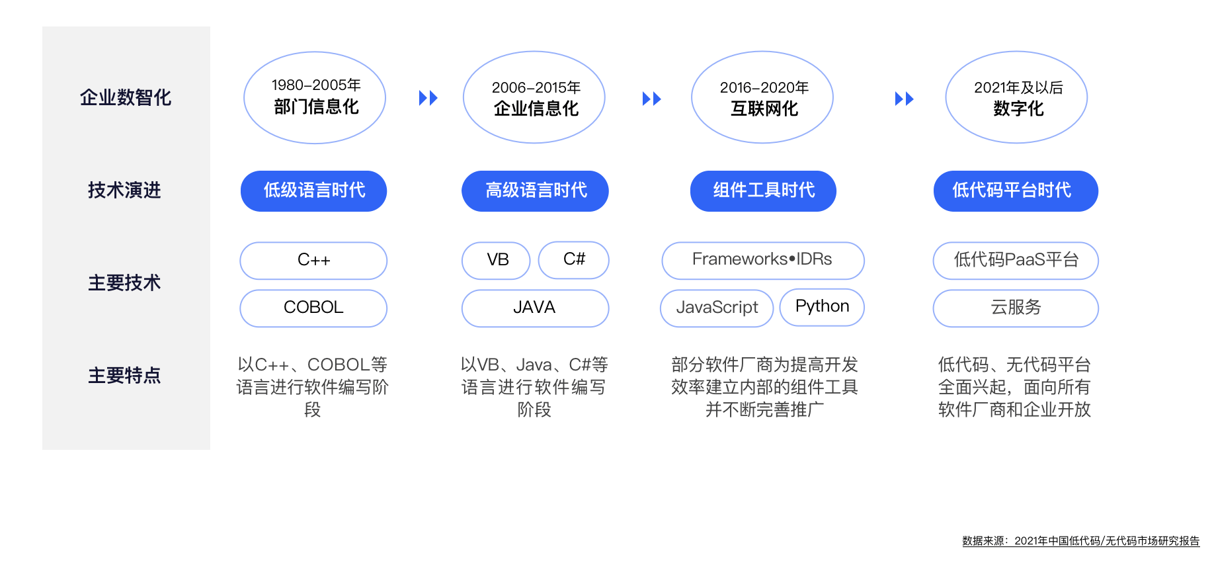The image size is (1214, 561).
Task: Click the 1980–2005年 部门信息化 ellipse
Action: click(x=315, y=97)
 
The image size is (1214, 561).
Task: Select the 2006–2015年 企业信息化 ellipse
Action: click(x=534, y=97)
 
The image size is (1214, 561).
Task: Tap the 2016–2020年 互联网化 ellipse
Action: click(x=762, y=97)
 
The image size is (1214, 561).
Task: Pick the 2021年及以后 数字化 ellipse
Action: click(x=1016, y=97)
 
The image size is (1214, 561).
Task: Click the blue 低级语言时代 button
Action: click(x=314, y=191)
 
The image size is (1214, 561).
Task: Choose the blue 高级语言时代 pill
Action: click(x=535, y=191)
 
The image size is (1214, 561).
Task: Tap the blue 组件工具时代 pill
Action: click(x=764, y=191)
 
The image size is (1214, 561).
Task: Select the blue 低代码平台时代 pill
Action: click(x=1016, y=191)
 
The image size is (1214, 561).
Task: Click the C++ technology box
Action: click(x=313, y=261)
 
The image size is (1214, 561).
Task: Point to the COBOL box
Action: click(x=313, y=308)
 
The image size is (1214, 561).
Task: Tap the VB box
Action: click(x=496, y=261)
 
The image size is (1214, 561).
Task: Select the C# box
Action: click(x=574, y=260)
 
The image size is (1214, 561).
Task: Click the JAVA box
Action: click(x=535, y=308)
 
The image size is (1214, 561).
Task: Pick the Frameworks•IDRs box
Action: click(x=763, y=261)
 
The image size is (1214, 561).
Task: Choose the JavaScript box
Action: click(x=717, y=308)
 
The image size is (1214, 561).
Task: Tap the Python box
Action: click(x=822, y=308)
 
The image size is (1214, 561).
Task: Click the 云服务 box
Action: click(x=1016, y=308)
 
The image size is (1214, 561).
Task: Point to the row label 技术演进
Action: click(x=125, y=191)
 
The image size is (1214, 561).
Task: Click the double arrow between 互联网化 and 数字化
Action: click(x=904, y=99)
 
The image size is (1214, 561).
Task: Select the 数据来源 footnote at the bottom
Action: click(x=1081, y=541)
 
